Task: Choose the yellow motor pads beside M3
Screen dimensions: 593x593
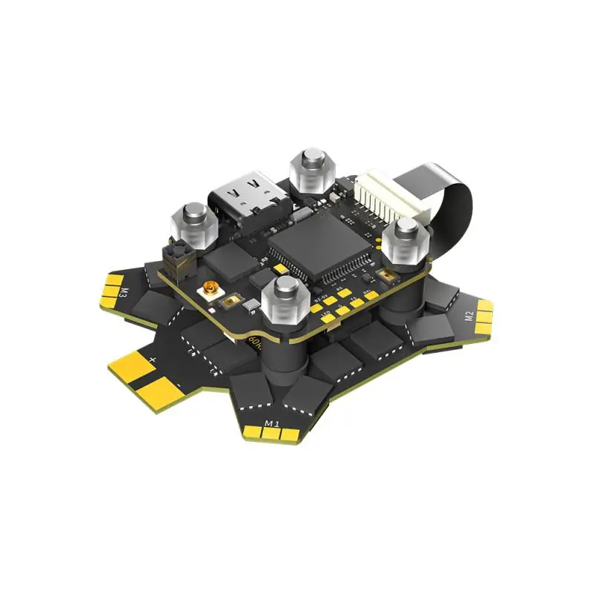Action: (x=111, y=289)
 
